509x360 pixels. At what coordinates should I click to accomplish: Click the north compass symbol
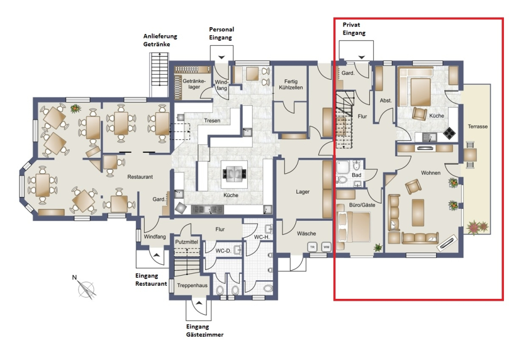(86, 288)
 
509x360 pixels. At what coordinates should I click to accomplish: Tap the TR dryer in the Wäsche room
(312, 247)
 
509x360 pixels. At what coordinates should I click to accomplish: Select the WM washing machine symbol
(326, 247)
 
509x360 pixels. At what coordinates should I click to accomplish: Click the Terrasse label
(477, 126)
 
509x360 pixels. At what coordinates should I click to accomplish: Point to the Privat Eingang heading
(354, 29)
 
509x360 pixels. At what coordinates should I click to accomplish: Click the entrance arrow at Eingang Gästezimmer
(199, 303)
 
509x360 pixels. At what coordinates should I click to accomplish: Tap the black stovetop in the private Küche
(449, 132)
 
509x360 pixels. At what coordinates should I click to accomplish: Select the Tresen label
(212, 121)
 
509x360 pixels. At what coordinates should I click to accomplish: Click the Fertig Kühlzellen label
(291, 84)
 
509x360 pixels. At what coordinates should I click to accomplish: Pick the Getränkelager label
(194, 84)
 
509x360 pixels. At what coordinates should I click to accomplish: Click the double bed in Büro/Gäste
(353, 227)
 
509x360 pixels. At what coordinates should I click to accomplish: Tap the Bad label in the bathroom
(356, 175)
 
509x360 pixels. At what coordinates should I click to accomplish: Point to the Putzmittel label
(187, 242)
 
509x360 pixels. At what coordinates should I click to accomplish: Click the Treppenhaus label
(192, 286)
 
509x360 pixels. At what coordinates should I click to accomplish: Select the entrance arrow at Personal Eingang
(222, 58)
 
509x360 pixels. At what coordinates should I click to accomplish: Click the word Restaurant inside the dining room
(140, 177)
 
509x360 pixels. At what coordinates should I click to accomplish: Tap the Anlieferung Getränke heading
(161, 40)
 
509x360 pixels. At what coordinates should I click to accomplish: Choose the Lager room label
(303, 192)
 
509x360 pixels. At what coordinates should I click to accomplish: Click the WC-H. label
(262, 237)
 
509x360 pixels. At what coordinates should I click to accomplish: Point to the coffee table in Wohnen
(418, 212)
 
